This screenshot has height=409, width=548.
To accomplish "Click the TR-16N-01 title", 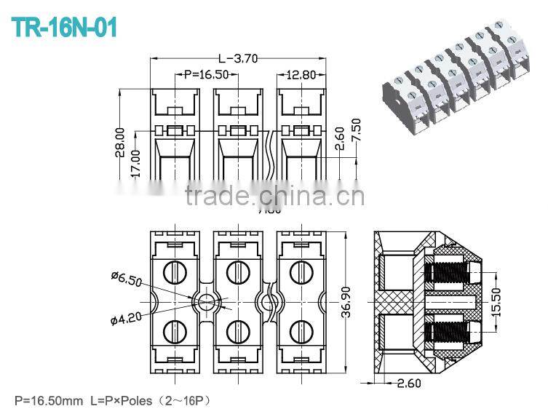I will click(64, 27).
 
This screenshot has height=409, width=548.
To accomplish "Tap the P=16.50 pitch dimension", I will click(207, 74).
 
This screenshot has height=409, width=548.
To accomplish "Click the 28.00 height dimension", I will click(120, 143).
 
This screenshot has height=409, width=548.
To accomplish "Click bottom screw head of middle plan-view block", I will click(237, 331).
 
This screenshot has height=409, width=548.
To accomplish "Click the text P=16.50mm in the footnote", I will click(48, 400).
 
